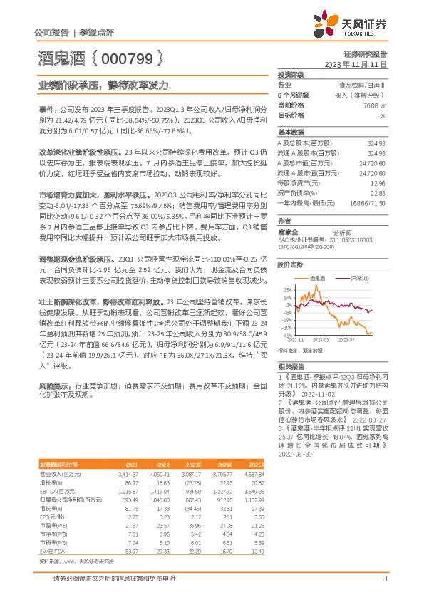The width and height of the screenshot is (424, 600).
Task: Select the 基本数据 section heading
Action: point(291,133)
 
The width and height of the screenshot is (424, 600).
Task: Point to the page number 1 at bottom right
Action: point(385,579)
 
